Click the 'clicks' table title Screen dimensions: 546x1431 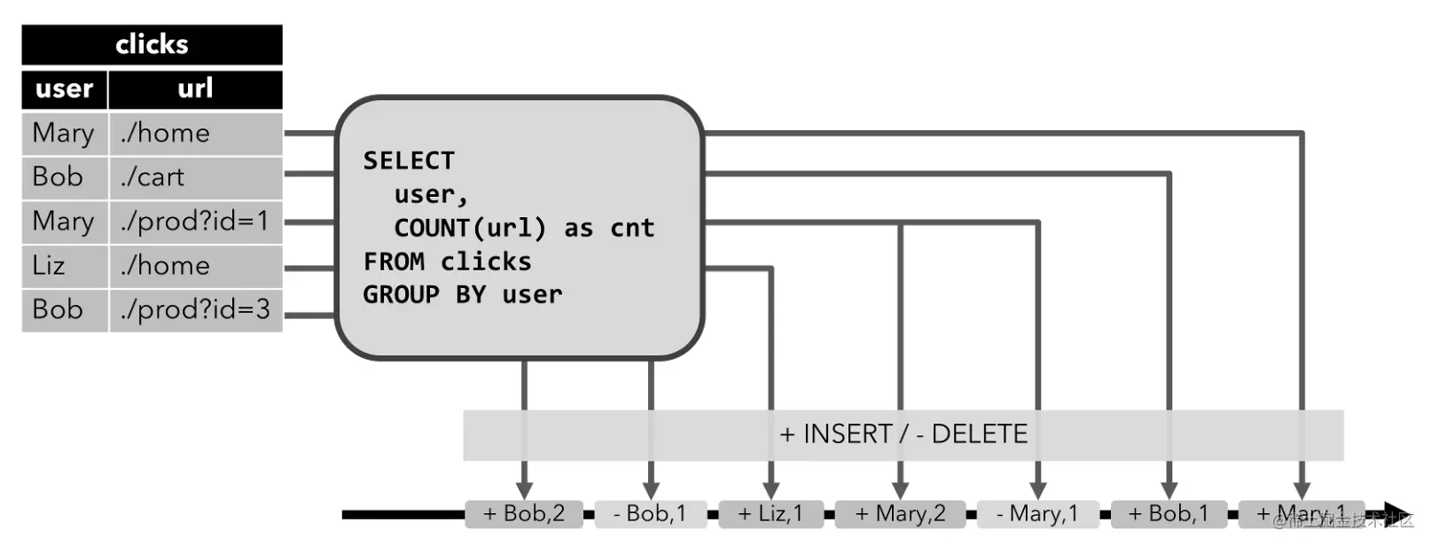pyautogui.click(x=152, y=44)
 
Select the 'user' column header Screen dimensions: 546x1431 pyautogui.click(x=65, y=89)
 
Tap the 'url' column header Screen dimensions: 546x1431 pyautogui.click(x=195, y=89)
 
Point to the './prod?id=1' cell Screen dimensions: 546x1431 pyautogui.click(x=195, y=222)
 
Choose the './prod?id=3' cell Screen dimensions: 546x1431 pyautogui.click(x=195, y=310)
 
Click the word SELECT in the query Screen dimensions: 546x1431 pyautogui.click(x=409, y=161)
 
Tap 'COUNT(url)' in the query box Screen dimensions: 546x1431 pyautogui.click(x=470, y=229)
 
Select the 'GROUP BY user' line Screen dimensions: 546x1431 pyautogui.click(x=462, y=295)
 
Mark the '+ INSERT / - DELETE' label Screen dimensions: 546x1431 pyautogui.click(x=903, y=434)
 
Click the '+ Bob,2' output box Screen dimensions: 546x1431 pyautogui.click(x=524, y=514)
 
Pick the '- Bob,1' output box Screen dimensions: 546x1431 pyautogui.click(x=650, y=514)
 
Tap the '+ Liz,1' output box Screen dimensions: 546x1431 pyautogui.click(x=770, y=514)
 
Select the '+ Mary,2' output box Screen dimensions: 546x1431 pyautogui.click(x=900, y=514)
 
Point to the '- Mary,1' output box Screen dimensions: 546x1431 pyautogui.click(x=1037, y=514)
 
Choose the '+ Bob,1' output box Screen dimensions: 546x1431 pyautogui.click(x=1169, y=514)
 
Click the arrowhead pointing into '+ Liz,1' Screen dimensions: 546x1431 pyautogui.click(x=770, y=490)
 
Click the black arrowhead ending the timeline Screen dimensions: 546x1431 pyautogui.click(x=1399, y=514)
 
